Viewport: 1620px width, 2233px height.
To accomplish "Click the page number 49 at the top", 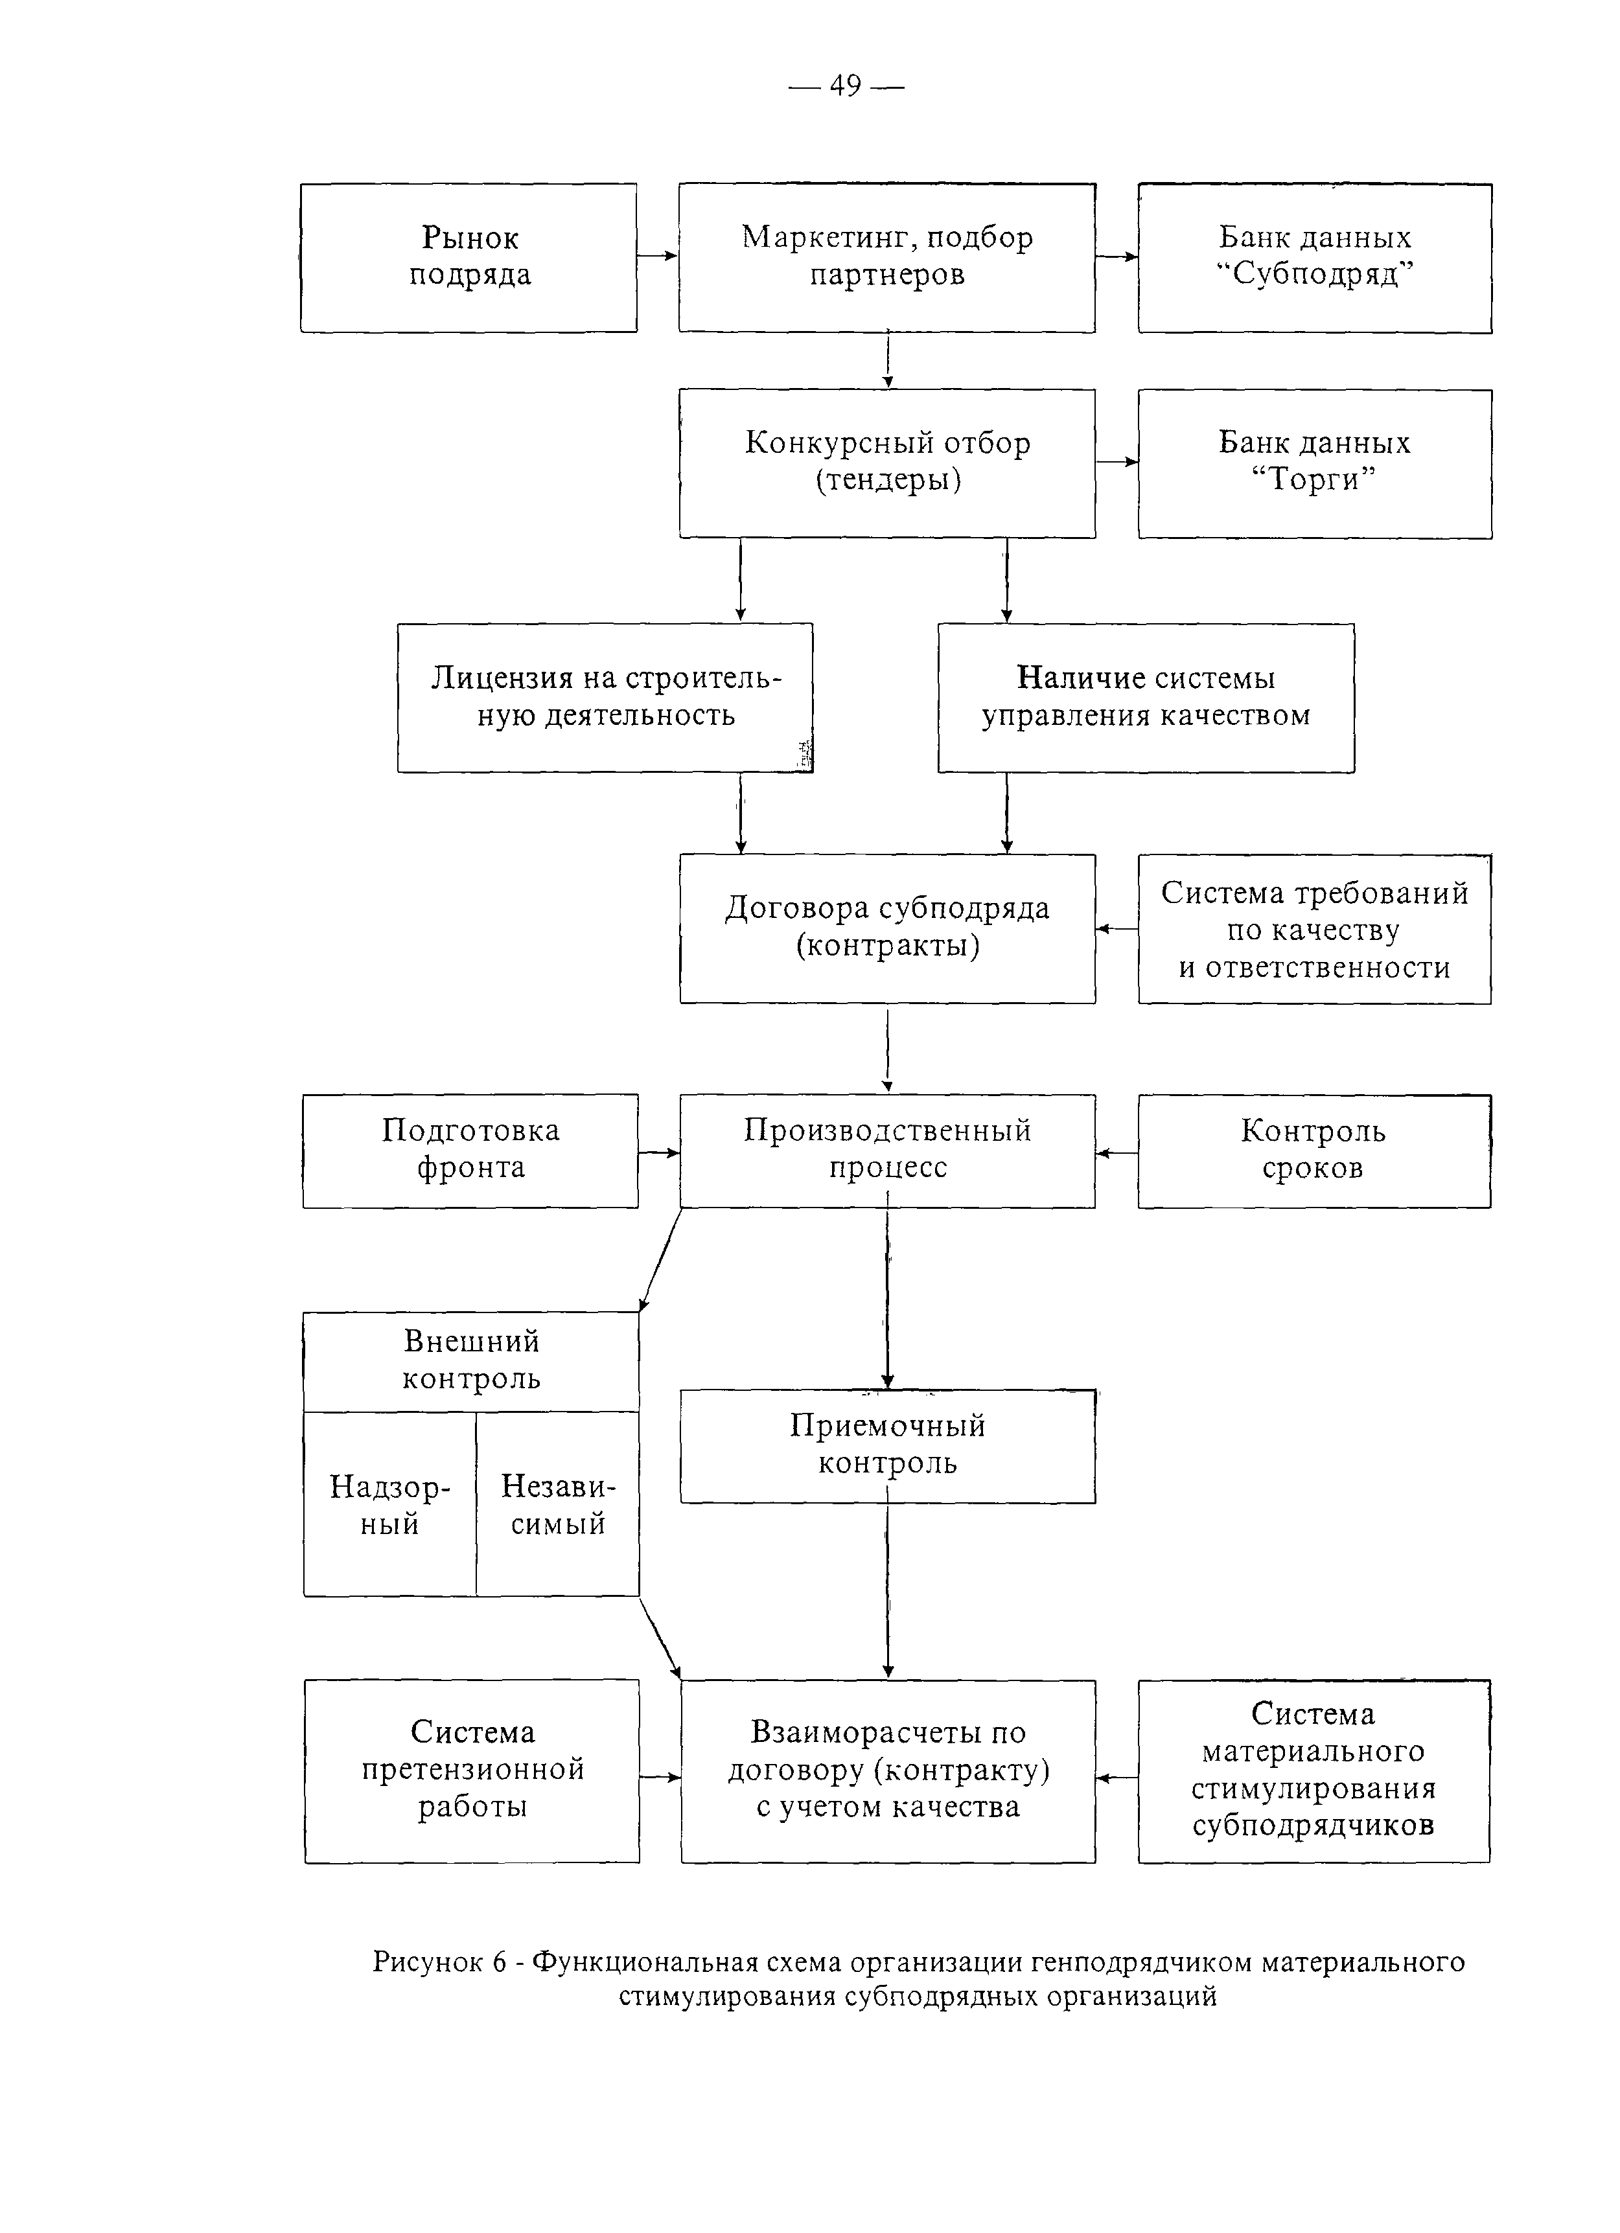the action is pos(845,87).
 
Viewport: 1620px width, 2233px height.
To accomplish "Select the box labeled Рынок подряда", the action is pos(469,257).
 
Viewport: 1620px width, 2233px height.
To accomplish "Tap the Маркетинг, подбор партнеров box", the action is pos(886,257).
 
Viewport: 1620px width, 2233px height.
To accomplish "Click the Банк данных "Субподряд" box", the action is pos(1315,258).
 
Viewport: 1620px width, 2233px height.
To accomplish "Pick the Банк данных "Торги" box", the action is pos(1315,464).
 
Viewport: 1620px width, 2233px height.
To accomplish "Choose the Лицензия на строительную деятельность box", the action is pos(605,697).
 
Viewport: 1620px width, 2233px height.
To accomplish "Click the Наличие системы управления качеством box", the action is pos(1145,697).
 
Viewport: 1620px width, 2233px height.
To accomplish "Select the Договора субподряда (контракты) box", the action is pos(887,928).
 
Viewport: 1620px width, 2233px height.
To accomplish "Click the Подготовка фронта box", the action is pos(470,1151).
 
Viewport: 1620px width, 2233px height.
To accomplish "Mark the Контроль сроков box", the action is pos(1315,1151).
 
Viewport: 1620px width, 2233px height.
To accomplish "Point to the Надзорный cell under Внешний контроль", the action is pos(390,1504).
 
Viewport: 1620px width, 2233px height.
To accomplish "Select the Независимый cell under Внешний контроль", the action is pos(557,1504).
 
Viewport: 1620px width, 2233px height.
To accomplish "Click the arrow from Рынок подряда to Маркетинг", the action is pos(658,256).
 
